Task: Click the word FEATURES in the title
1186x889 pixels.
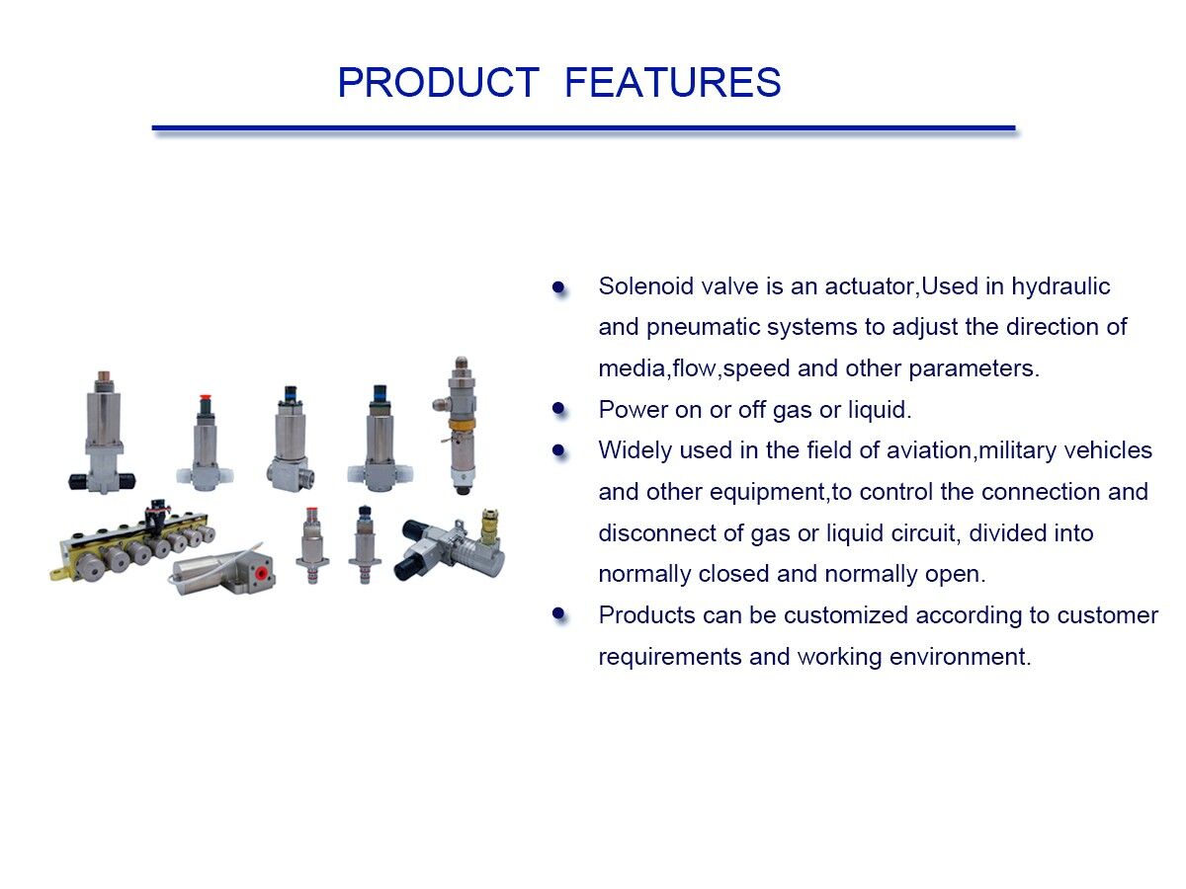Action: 672,83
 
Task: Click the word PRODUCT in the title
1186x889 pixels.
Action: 438,83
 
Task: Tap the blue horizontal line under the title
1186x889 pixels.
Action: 583,128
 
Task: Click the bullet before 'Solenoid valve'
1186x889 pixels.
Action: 558,287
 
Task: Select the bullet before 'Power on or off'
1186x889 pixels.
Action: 558,409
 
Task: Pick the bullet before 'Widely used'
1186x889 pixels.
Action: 558,450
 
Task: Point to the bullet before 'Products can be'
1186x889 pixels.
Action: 558,614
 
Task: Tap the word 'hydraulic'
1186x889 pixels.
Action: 1060,286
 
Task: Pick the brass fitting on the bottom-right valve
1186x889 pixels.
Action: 485,524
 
